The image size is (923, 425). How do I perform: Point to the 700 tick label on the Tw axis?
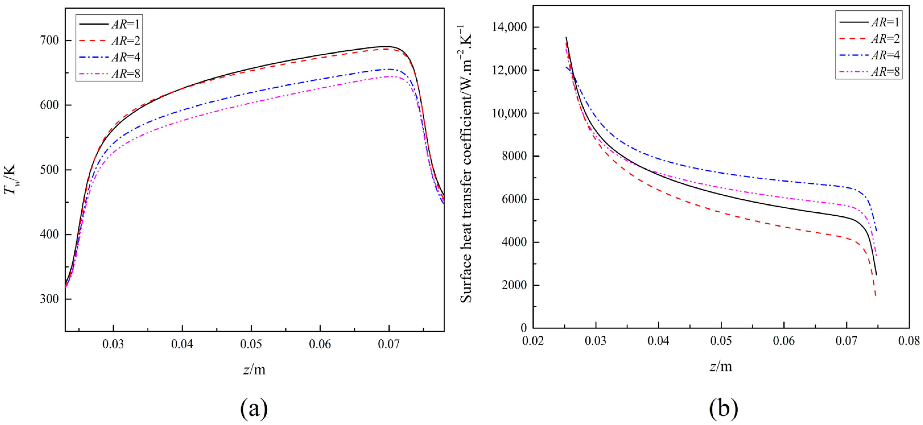tap(49, 40)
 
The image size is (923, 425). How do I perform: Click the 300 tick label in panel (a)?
tap(49, 299)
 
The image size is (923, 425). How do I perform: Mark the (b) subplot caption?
tap(723, 408)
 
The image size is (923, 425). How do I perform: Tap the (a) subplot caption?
tap(254, 408)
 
